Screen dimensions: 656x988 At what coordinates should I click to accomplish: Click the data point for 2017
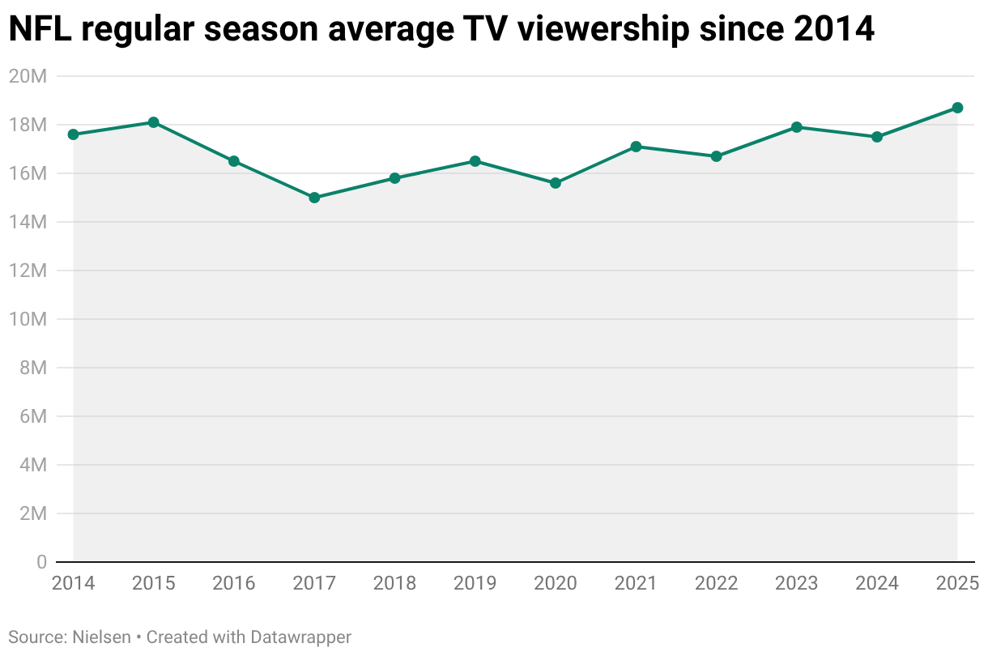[314, 198]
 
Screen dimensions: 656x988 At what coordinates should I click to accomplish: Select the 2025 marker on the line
[957, 108]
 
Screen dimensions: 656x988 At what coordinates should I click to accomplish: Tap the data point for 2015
[153, 122]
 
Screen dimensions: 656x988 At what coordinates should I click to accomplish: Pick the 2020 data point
[556, 183]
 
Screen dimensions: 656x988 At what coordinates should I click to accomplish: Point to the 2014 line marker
[73, 134]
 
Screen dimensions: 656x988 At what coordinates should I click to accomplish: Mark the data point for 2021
[636, 147]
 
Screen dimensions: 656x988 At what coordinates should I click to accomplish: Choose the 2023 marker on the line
[797, 127]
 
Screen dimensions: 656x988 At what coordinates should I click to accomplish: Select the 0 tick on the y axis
[40, 562]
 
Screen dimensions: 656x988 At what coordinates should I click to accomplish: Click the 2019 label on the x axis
[475, 583]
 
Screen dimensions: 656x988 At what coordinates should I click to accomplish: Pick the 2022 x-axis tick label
[716, 583]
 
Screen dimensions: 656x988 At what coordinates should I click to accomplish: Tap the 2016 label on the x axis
[233, 583]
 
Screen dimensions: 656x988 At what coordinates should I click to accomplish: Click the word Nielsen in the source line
[101, 637]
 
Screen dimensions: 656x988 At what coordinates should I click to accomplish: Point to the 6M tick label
[31, 416]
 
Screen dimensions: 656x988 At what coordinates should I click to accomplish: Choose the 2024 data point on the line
[877, 137]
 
